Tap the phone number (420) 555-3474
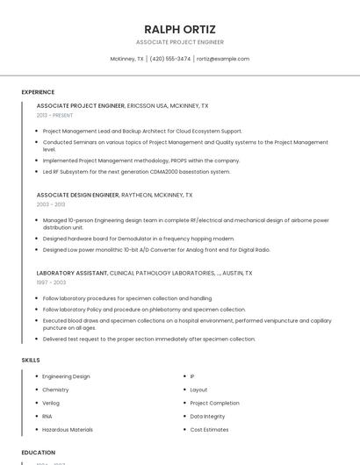170,59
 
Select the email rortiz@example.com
223,59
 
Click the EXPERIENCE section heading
38,92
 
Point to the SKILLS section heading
31,360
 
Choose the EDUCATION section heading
39,453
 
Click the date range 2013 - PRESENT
54,115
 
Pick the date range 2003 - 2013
50,204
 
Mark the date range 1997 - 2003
51,283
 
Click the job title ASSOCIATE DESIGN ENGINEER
77,195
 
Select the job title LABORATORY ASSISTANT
72,273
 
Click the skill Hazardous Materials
68,430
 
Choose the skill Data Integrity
207,416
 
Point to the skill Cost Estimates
209,430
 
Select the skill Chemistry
55,390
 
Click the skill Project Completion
214,403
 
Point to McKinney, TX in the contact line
127,59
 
